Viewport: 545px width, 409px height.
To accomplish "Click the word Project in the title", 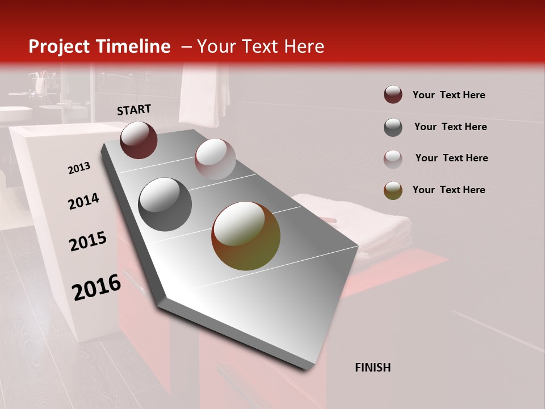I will (58, 47).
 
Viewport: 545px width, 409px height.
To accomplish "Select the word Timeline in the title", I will (133, 47).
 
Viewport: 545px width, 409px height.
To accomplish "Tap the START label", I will (134, 110).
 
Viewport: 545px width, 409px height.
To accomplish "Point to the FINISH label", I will (373, 368).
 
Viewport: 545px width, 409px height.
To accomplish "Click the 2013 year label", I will (79, 168).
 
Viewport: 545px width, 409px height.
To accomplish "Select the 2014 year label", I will (83, 201).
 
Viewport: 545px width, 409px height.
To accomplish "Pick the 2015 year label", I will (88, 241).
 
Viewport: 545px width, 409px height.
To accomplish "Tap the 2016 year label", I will (97, 287).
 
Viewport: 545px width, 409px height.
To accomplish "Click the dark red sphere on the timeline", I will (139, 140).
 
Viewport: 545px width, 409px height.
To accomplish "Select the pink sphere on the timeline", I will (215, 159).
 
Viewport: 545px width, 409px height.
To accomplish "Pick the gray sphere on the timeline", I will (165, 204).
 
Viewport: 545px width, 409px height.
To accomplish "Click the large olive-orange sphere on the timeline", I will (246, 236).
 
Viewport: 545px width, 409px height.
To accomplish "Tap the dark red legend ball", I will (393, 95).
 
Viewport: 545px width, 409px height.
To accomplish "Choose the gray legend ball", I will (393, 127).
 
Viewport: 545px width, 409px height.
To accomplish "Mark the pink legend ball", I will (393, 158).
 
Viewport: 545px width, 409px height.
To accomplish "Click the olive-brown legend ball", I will (393, 190).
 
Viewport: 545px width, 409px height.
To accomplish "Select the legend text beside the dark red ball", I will (448, 95).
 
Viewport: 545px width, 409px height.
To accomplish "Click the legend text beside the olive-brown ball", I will (448, 190).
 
